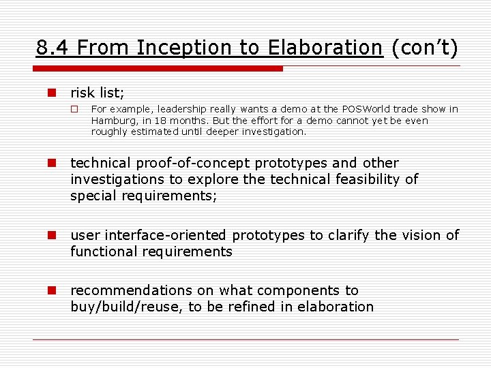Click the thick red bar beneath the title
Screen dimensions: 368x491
[x=158, y=69]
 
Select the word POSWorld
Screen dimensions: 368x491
[x=363, y=109]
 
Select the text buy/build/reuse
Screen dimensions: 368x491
[x=126, y=307]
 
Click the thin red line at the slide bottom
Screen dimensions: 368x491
[x=245, y=339]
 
